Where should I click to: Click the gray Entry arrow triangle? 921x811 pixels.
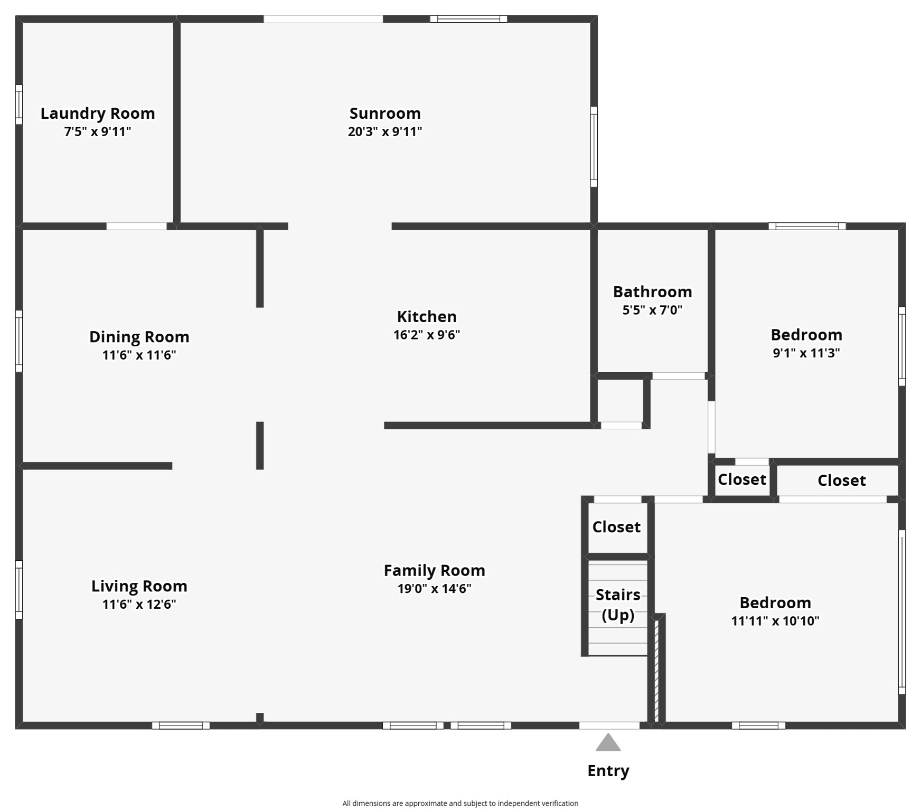point(608,743)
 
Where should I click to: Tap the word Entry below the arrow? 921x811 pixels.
point(608,770)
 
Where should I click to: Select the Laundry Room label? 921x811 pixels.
point(98,113)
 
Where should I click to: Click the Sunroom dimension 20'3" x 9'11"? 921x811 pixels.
point(384,131)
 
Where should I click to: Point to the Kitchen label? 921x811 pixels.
point(426,316)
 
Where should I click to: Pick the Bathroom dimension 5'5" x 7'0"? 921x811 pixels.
point(652,310)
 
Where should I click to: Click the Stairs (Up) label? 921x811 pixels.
point(618,605)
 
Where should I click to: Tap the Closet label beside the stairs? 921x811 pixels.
point(616,526)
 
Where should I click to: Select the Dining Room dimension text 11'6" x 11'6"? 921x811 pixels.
point(139,355)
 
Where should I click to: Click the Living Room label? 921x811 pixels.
point(139,586)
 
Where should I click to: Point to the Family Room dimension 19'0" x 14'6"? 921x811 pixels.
point(434,588)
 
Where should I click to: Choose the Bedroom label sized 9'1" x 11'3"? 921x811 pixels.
point(806,334)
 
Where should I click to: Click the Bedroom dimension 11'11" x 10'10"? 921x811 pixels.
point(775,620)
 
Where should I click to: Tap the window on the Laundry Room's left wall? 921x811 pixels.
point(19,105)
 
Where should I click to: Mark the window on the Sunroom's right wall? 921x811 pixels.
point(594,147)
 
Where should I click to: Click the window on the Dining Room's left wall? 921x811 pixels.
point(19,341)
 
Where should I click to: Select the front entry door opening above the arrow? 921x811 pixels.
point(609,725)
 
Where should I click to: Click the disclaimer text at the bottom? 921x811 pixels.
point(460,803)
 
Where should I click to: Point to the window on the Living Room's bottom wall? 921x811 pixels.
point(181,725)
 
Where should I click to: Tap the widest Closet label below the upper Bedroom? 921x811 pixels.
point(841,480)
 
